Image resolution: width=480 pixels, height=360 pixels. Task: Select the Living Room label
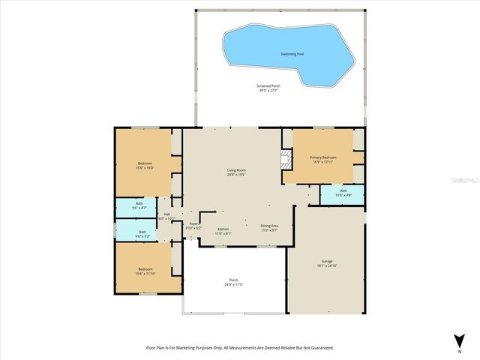(236, 170)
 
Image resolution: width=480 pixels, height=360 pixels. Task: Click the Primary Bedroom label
(323, 157)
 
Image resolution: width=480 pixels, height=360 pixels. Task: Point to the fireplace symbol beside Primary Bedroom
(285, 159)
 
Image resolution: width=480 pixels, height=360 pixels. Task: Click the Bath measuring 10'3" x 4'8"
(343, 193)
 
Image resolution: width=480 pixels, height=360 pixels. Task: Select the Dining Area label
(269, 226)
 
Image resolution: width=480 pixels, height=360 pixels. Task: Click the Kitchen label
(223, 229)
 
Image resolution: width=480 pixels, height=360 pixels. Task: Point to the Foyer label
(193, 223)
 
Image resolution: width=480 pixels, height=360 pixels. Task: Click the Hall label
(166, 214)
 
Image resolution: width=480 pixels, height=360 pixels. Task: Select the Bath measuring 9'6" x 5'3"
(142, 232)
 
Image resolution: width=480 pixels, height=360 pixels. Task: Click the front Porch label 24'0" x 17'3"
(233, 281)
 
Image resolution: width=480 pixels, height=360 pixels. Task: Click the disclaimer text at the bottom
(239, 348)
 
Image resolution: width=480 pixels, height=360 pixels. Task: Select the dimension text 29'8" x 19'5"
(236, 175)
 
